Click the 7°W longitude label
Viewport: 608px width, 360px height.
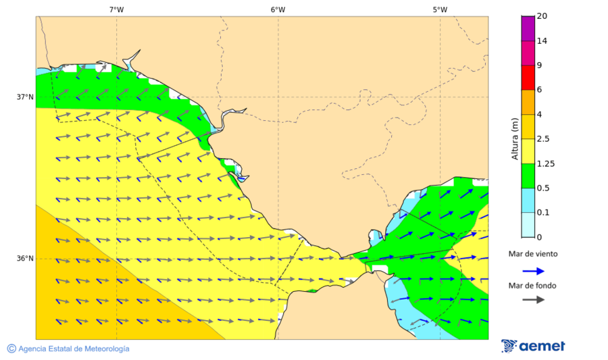click(x=116, y=9)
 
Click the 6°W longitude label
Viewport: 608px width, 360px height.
click(x=278, y=9)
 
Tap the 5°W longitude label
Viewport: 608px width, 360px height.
click(x=440, y=9)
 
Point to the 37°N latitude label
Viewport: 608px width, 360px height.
click(x=25, y=97)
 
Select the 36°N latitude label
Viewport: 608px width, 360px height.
click(x=25, y=259)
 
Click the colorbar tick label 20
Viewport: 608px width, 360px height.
click(x=542, y=16)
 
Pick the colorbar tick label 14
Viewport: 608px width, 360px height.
click(x=542, y=41)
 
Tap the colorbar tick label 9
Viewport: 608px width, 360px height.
click(x=539, y=66)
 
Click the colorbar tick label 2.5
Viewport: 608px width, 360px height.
click(x=542, y=139)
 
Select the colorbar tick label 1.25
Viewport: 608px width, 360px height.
click(x=544, y=163)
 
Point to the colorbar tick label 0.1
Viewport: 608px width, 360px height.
click(x=542, y=213)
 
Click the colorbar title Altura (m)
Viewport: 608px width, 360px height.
click(x=515, y=138)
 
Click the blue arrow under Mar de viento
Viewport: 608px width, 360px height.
click(x=533, y=271)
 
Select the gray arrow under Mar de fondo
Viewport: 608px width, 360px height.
click(x=533, y=299)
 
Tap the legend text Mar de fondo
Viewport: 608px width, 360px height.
click(x=533, y=286)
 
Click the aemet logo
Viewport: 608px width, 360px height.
click(x=534, y=346)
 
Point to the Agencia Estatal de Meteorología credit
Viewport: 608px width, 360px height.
click(x=68, y=349)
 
